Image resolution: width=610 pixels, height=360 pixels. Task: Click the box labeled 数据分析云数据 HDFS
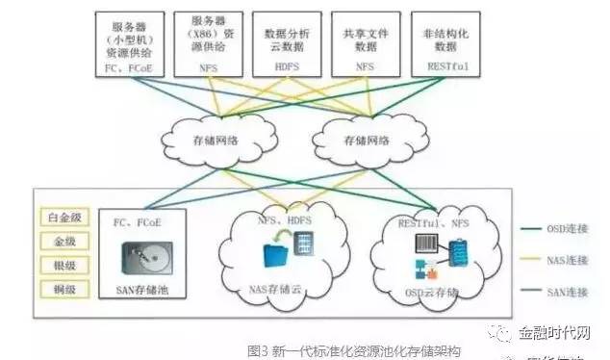pos(280,42)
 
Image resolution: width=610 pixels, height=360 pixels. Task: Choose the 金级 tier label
pos(60,241)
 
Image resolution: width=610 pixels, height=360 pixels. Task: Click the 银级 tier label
pos(60,264)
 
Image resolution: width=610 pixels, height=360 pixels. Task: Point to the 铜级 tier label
pos(60,288)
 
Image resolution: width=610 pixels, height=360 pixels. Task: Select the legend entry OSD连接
pos(564,228)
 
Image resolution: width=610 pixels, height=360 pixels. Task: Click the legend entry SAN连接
pos(564,293)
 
